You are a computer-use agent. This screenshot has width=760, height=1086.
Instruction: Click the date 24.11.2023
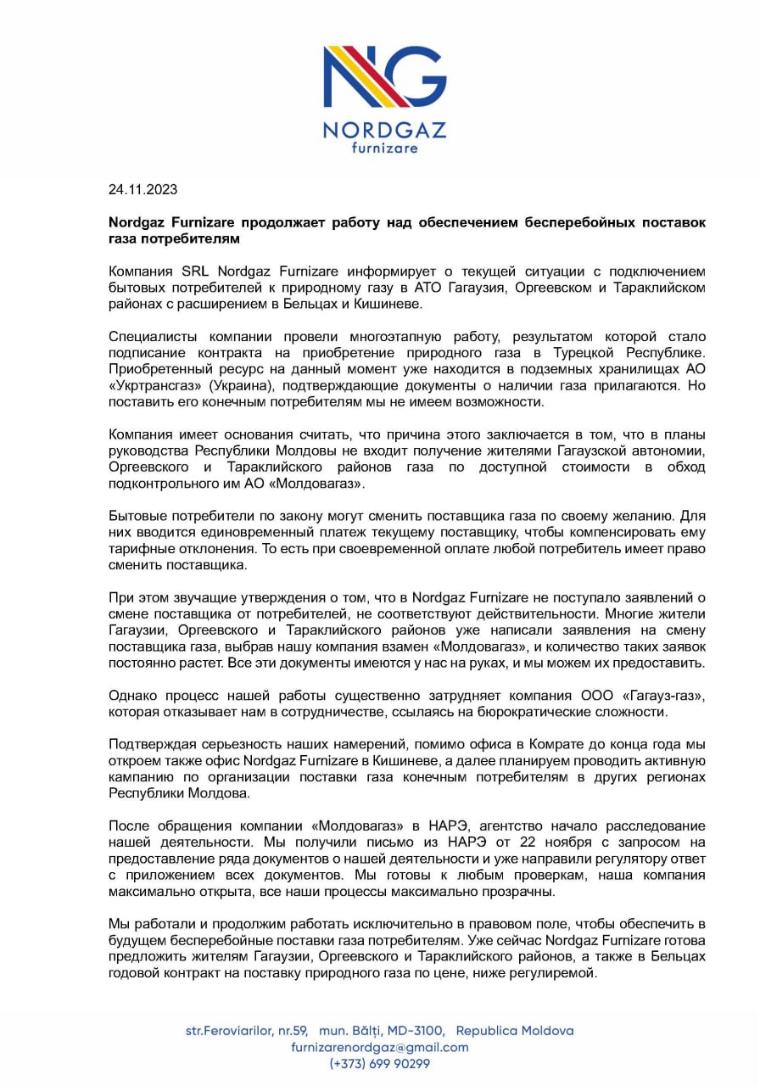pos(142,189)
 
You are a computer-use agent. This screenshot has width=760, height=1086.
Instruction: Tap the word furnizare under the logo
pos(384,148)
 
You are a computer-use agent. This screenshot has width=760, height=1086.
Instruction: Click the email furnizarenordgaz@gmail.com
pos(379,1047)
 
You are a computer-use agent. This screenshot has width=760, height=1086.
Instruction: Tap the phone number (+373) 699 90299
pos(379,1063)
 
